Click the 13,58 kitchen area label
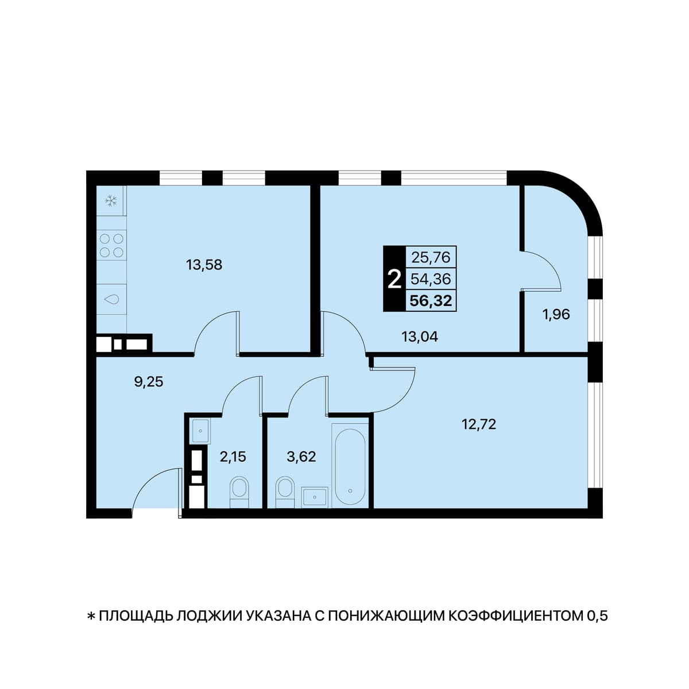(x=204, y=265)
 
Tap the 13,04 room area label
(x=419, y=337)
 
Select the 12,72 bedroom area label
(x=479, y=425)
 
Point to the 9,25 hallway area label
(x=148, y=382)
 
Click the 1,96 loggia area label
(x=556, y=314)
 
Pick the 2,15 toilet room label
(x=233, y=457)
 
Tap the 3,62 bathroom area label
(x=301, y=457)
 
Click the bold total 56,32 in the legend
(x=431, y=301)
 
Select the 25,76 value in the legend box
(x=431, y=257)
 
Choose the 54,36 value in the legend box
(x=431, y=279)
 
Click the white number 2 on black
(x=394, y=280)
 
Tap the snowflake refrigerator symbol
(x=111, y=202)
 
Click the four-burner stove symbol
(x=111, y=245)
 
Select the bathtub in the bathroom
(x=350, y=465)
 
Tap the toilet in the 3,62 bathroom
(x=285, y=491)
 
